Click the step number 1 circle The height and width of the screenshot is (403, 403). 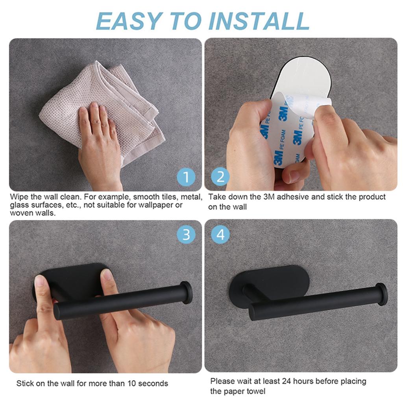(x=186, y=177)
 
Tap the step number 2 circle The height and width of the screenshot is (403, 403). (x=220, y=177)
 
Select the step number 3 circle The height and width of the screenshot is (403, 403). (x=186, y=235)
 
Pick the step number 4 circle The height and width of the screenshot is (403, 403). (x=220, y=235)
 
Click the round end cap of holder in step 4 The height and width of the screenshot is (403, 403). (x=381, y=294)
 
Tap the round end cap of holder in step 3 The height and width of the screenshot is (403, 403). (x=187, y=292)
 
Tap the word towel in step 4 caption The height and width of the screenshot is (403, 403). (x=256, y=391)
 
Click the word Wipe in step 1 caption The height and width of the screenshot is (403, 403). (x=19, y=197)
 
